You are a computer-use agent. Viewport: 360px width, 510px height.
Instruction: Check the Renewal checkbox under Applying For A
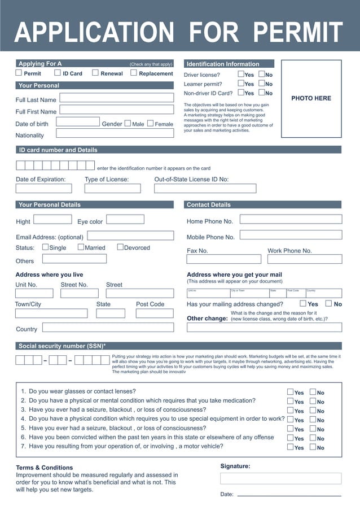95,73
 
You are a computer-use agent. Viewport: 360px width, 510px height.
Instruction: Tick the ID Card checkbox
58,73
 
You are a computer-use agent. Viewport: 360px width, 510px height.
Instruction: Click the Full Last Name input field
117,98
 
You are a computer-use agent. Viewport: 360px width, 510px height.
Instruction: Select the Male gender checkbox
128,123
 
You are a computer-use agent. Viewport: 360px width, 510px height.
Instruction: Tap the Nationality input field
115,134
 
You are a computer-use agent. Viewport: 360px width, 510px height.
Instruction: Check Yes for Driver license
241,74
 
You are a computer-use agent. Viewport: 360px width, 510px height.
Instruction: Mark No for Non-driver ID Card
262,93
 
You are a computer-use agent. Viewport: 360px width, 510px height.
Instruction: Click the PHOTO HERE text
311,98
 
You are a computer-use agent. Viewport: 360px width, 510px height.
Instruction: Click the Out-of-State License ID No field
205,189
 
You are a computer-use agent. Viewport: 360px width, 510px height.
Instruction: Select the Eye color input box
125,220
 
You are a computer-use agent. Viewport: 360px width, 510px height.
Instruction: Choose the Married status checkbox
81,247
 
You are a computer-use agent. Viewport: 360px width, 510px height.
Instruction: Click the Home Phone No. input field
291,219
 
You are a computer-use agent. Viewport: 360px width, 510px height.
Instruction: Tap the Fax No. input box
224,259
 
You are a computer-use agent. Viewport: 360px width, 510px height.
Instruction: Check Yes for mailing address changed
303,303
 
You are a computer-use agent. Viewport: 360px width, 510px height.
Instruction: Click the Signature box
280,478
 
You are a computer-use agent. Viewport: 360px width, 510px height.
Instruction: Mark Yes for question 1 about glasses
290,392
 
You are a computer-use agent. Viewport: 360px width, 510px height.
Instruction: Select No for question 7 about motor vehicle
313,447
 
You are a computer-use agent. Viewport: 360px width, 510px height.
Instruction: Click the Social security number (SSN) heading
62,346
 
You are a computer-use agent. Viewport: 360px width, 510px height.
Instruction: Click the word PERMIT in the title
297,32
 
